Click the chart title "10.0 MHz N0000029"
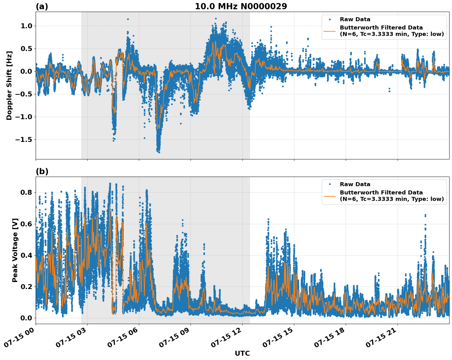[241, 6]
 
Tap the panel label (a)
[42, 6]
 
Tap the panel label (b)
[42, 171]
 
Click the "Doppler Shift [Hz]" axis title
[9, 85]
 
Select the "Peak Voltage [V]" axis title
[15, 250]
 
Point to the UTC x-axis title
[242, 353]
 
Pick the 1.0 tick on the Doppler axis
[26, 26]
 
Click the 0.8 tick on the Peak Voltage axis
[26, 192]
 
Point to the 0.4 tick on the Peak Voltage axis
[26, 255]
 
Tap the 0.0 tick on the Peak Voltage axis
[26, 318]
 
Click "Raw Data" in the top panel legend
[355, 19]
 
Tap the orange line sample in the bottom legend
[329, 196]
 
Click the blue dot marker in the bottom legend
[329, 184]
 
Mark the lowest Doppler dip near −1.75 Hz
[159, 151]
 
